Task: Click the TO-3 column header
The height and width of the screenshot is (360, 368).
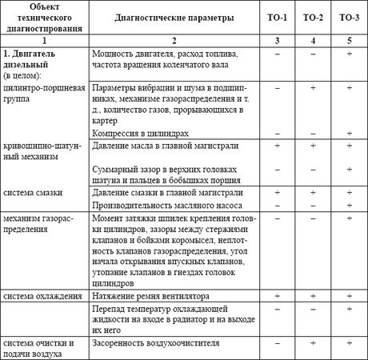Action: click(349, 16)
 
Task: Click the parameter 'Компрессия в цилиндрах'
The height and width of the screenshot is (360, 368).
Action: click(140, 132)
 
